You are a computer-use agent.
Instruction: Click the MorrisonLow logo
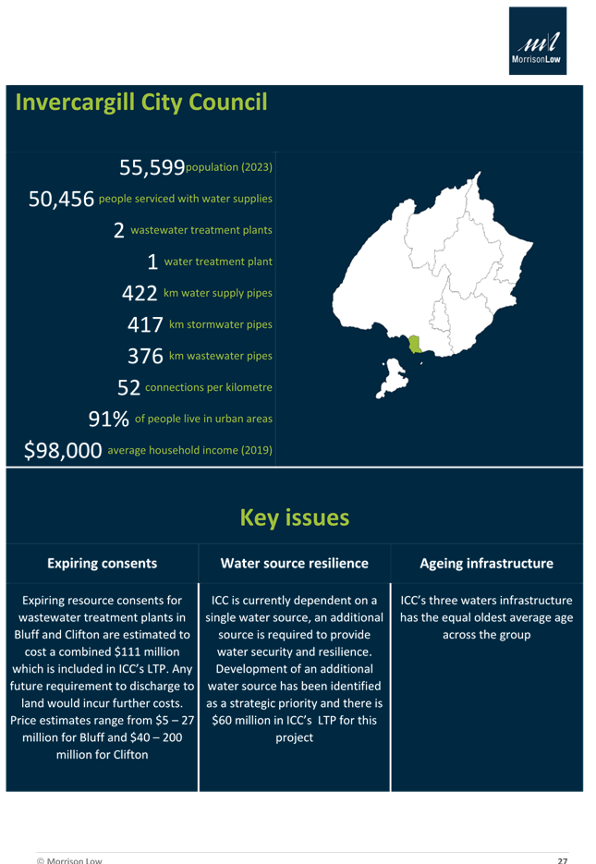click(539, 42)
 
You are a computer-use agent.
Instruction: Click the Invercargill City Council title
click(141, 102)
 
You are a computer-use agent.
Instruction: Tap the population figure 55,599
click(152, 167)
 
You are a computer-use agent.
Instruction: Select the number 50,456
click(61, 200)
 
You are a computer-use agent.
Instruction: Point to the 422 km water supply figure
click(141, 293)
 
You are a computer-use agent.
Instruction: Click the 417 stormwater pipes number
click(144, 325)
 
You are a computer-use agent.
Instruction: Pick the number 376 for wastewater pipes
click(144, 356)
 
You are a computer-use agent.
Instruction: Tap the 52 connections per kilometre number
click(128, 387)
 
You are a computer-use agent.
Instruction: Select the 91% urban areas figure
click(108, 420)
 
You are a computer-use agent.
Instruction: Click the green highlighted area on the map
click(412, 346)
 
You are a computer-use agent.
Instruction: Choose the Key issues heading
click(294, 517)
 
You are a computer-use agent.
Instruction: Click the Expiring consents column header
click(102, 563)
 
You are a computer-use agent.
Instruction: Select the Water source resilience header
click(294, 563)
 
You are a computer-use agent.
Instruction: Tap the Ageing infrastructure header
click(486, 563)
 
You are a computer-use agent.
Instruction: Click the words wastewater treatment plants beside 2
click(201, 230)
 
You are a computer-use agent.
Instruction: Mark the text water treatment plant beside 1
click(218, 262)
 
